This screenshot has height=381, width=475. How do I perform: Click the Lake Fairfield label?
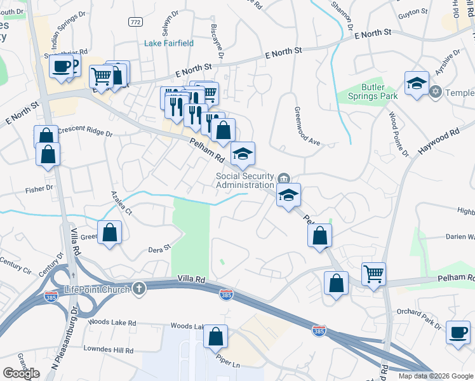click(x=169, y=43)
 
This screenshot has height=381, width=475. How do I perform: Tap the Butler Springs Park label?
click(x=371, y=91)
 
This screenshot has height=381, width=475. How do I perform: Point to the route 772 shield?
click(x=135, y=22)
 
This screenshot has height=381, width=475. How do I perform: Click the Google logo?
click(x=21, y=373)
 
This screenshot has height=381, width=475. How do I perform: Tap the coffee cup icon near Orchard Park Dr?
click(x=457, y=332)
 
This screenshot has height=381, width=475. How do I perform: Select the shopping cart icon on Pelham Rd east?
click(x=373, y=274)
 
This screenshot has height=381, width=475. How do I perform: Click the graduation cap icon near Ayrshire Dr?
click(x=417, y=83)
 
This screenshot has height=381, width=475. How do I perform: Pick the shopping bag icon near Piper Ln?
click(x=216, y=336)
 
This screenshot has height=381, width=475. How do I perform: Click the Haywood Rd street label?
click(x=438, y=142)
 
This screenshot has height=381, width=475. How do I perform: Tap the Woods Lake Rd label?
click(x=112, y=323)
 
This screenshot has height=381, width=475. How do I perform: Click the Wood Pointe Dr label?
click(x=398, y=133)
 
